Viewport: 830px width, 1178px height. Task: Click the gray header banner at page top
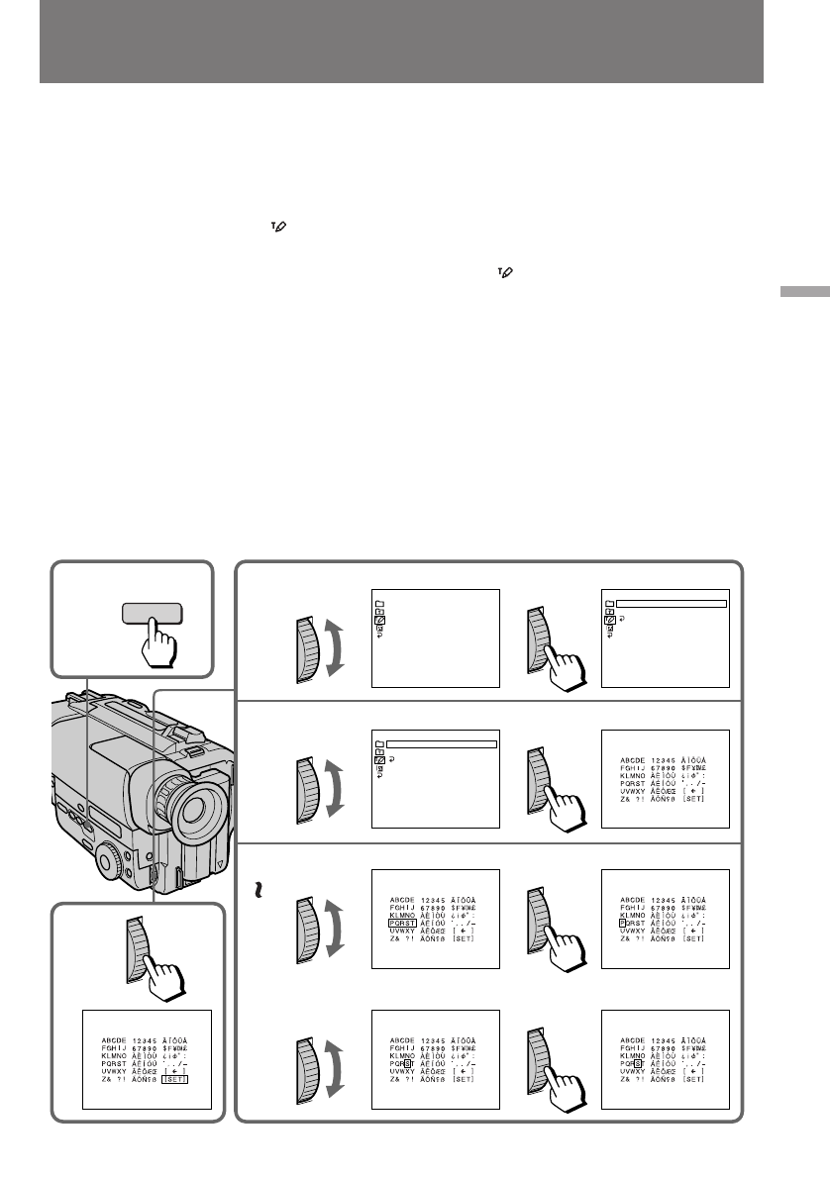(401, 42)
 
